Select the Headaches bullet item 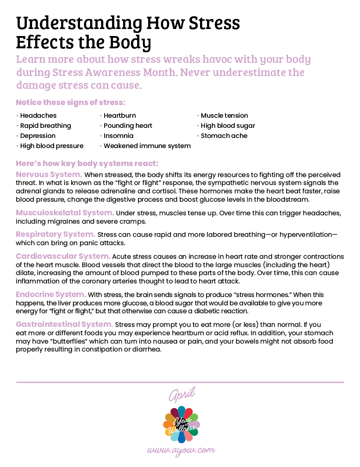point(38,116)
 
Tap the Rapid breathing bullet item point(45,126)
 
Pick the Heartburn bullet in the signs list point(120,116)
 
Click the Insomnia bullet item point(118,136)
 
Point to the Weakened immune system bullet point(147,146)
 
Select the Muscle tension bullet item point(224,116)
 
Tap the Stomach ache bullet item point(224,136)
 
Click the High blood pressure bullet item point(51,146)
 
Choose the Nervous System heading point(49,174)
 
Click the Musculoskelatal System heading point(65,213)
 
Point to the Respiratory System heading point(55,234)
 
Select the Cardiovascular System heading point(63,256)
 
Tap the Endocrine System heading point(51,294)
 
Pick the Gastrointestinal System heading point(65,324)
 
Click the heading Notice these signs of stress point(71,102)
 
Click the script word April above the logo point(181,395)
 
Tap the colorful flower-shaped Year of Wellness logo point(181,424)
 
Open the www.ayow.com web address point(181,451)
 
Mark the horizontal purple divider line point(180,382)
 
